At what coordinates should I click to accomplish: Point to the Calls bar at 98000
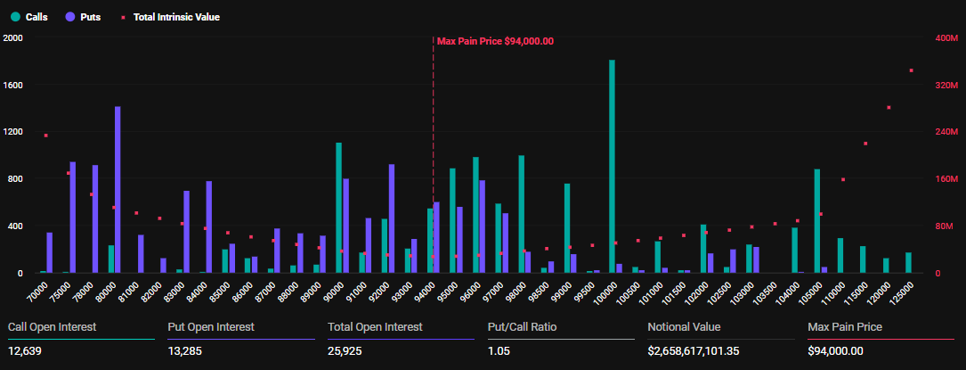pos(521,214)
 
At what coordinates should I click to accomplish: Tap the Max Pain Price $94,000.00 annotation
pos(495,41)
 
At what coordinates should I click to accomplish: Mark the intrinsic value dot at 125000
pos(911,70)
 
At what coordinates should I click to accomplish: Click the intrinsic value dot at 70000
pos(45,136)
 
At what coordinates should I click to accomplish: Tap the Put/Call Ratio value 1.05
pos(499,351)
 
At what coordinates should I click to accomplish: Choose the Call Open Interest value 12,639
pos(25,351)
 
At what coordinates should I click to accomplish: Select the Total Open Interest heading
pos(375,327)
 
